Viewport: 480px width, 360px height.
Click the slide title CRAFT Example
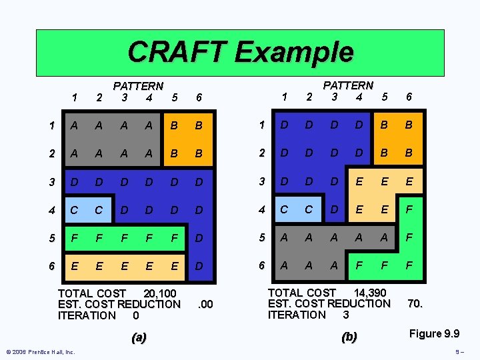(x=240, y=51)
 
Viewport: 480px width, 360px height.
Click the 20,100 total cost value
(x=160, y=293)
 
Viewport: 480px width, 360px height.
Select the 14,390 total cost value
(x=369, y=292)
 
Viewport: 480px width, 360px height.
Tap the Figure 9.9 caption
(x=435, y=333)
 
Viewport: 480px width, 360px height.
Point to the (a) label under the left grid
(x=139, y=337)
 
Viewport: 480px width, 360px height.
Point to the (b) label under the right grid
(x=349, y=337)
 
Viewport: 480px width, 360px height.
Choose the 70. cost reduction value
(x=415, y=303)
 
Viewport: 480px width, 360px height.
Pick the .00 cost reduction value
(x=206, y=305)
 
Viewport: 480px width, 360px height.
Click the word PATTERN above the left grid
(x=138, y=86)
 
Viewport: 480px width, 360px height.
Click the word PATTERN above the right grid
(x=348, y=85)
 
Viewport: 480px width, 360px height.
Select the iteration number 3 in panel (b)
(x=345, y=314)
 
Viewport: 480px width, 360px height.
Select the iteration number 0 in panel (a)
(x=136, y=315)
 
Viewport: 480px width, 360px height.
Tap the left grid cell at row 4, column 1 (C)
(x=74, y=210)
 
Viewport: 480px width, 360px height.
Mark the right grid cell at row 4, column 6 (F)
(x=409, y=209)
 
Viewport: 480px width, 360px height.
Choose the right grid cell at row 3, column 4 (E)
(x=359, y=181)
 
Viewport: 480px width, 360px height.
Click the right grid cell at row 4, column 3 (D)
(x=335, y=209)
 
